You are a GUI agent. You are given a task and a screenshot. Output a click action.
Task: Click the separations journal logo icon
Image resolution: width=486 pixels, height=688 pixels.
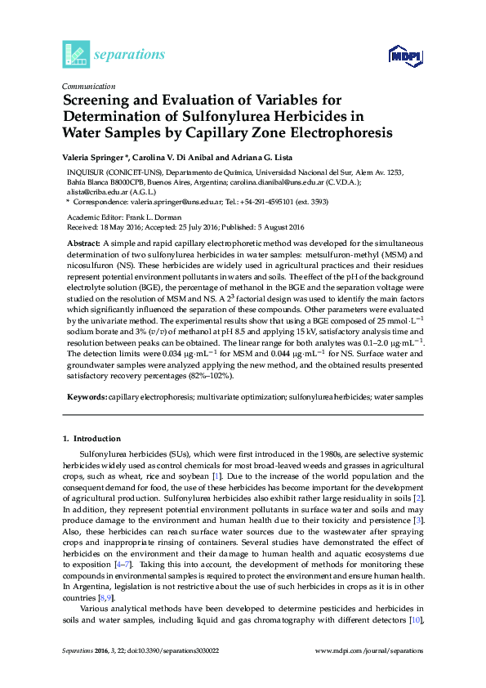tap(75, 54)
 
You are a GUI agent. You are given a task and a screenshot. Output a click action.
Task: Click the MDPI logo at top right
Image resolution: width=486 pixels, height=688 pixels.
tap(406, 56)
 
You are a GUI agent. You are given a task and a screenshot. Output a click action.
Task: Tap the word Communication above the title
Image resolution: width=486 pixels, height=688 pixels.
tap(88, 86)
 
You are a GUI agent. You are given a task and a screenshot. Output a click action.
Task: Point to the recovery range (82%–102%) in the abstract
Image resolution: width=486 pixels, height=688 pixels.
tap(212, 377)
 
